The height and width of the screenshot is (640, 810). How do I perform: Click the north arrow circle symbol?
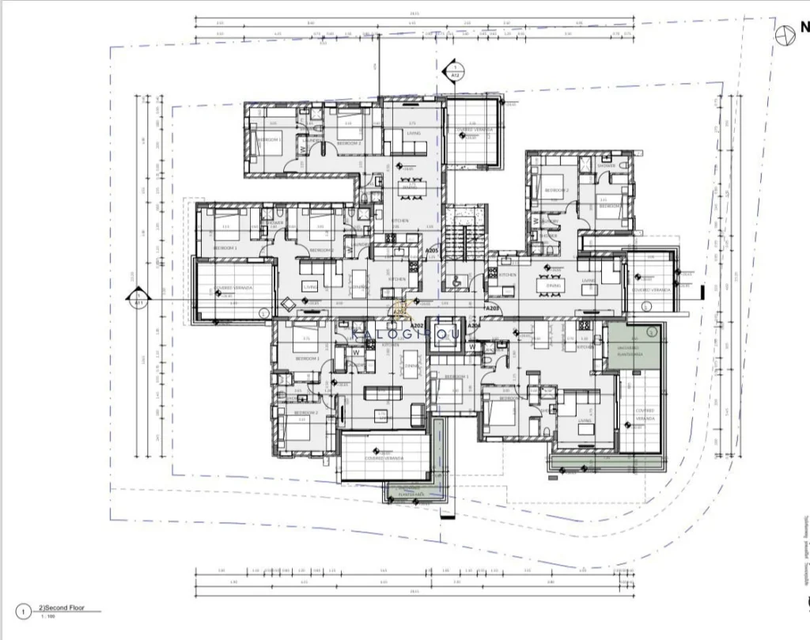click(785, 34)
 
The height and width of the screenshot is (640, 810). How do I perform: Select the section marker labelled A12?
click(456, 71)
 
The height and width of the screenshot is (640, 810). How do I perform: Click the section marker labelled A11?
click(138, 299)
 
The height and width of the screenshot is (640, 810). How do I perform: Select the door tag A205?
click(432, 251)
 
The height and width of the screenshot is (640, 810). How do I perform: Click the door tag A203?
click(492, 308)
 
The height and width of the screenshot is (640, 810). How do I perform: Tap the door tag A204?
click(475, 325)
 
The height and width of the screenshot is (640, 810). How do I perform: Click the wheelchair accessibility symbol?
click(457, 279)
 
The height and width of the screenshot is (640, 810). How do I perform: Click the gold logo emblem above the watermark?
click(400, 312)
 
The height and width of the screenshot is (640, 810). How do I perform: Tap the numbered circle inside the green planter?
click(652, 332)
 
